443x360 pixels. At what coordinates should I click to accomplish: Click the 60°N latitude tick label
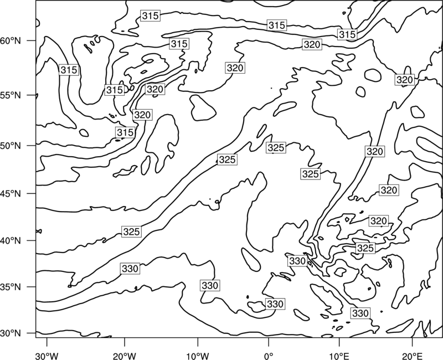11,40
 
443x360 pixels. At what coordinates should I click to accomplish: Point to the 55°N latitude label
11,95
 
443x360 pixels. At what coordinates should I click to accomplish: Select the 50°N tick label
11,146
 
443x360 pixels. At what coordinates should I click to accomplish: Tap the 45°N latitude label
11,193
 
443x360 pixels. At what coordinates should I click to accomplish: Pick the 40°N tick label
11,241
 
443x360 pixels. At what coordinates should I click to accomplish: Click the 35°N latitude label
11,287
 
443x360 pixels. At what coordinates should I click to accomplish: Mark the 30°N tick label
11,333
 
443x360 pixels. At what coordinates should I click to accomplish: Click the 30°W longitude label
47,356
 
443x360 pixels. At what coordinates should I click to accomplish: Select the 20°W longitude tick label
124,356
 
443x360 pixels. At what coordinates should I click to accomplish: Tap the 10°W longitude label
197,356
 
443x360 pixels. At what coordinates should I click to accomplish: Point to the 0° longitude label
269,356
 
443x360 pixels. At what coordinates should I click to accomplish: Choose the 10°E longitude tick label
339,356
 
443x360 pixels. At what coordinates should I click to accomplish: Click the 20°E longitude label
412,356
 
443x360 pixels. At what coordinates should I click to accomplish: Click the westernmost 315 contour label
69,70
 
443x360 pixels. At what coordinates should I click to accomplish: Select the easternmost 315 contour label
347,34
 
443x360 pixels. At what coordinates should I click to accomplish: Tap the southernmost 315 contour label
125,132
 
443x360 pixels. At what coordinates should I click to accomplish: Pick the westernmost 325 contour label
132,232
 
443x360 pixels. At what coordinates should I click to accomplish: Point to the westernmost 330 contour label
130,269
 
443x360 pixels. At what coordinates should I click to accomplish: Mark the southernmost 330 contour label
360,313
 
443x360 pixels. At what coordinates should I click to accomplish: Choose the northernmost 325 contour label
276,148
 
